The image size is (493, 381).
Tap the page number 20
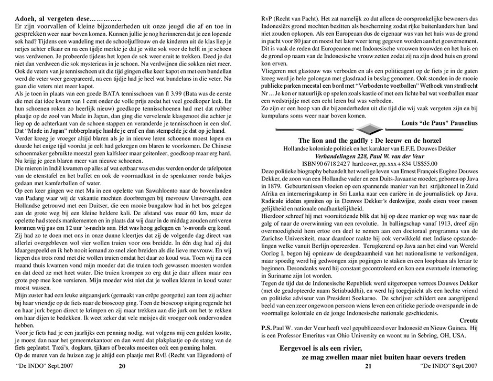tap(122, 366)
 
